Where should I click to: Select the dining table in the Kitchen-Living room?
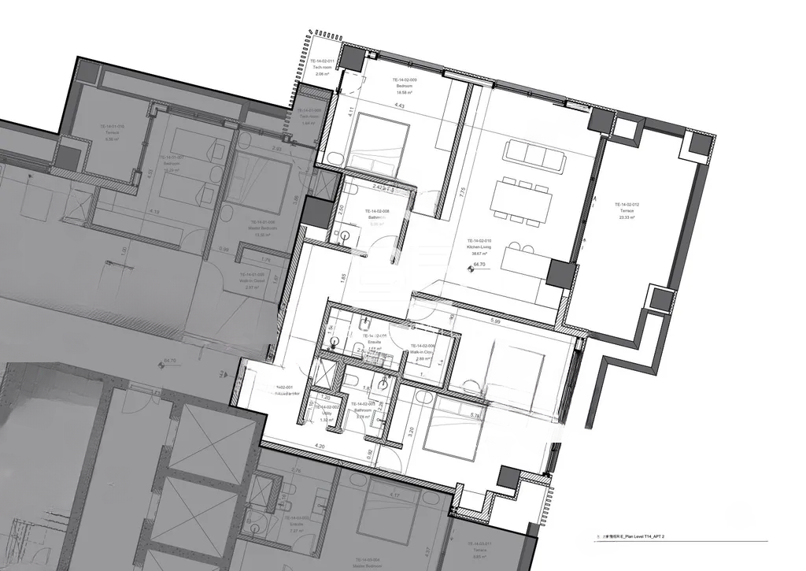click(x=519, y=202)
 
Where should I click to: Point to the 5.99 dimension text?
click(x=495, y=321)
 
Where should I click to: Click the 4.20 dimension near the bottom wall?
click(x=320, y=447)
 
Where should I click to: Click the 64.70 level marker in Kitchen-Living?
click(x=478, y=265)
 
